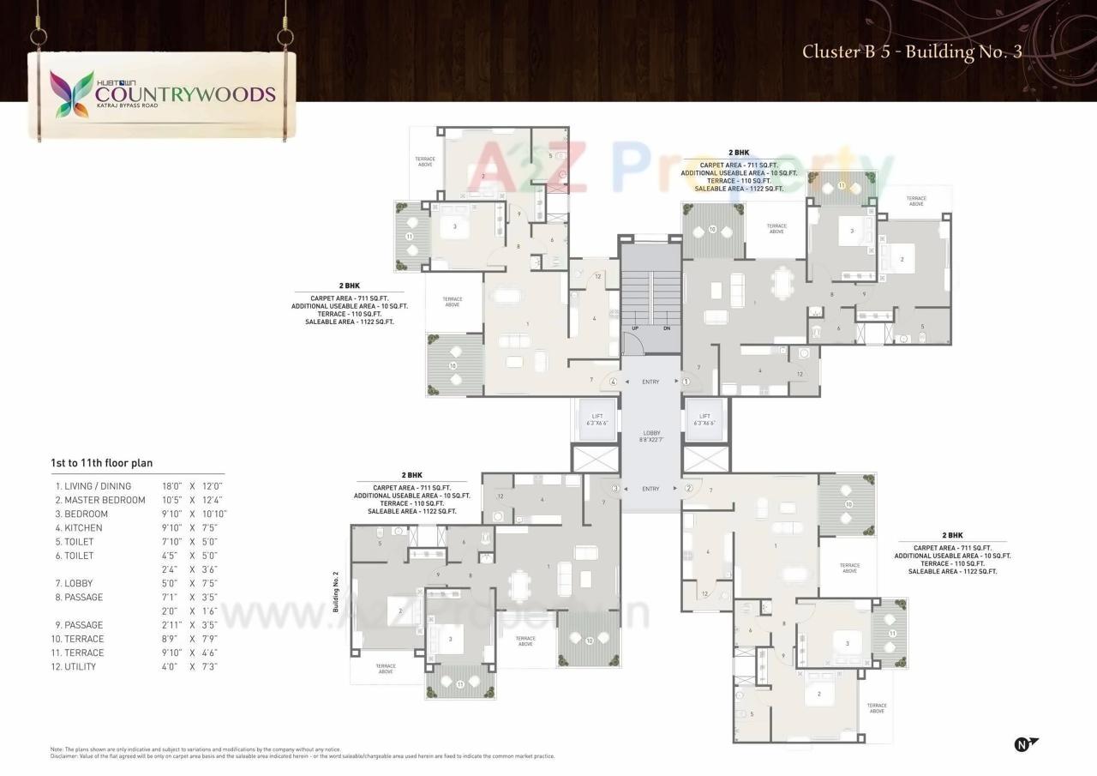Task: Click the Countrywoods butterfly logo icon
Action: (71, 93)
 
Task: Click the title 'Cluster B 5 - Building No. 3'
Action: (912, 51)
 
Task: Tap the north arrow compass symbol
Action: (1025, 743)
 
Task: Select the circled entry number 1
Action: (686, 382)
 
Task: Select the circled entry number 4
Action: (614, 382)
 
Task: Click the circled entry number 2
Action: (687, 489)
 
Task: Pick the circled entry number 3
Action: (614, 489)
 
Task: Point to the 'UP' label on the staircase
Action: (635, 328)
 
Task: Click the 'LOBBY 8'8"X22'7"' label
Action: (651, 436)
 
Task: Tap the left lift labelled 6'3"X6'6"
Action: (596, 419)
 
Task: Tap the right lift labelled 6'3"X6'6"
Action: (704, 419)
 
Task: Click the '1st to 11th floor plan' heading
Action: (101, 463)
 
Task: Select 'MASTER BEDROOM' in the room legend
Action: (105, 500)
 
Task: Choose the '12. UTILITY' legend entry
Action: (75, 666)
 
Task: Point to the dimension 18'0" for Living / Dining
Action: (172, 486)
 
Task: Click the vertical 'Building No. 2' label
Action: (337, 592)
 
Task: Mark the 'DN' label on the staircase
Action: (666, 328)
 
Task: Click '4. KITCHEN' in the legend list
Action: (78, 527)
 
